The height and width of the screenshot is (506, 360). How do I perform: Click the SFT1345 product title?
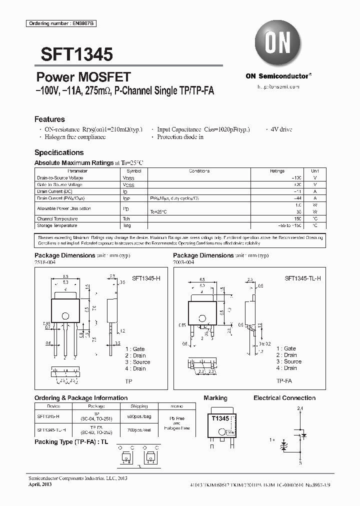[73, 54]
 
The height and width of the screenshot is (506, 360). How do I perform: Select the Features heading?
[49, 119]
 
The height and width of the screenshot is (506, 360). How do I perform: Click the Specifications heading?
[59, 152]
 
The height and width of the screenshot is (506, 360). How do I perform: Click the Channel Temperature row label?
[57, 219]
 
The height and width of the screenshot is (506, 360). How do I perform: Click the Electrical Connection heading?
[284, 398]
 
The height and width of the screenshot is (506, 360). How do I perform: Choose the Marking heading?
[215, 398]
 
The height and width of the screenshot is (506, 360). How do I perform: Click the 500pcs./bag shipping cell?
[139, 416]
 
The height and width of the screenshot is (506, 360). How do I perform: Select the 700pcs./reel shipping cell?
[139, 429]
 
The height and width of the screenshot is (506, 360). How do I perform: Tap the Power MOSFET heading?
[83, 77]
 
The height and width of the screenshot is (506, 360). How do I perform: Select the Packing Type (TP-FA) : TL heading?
[71, 442]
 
